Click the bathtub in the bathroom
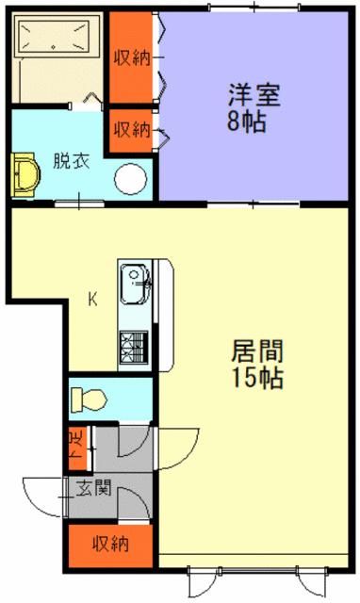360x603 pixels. coord(57,41)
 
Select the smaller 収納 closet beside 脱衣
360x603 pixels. coord(132,128)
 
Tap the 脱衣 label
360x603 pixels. coord(72,160)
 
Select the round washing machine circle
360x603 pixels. coord(131,177)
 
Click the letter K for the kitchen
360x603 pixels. coord(93,301)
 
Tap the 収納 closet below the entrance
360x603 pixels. coord(110,544)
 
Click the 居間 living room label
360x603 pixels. coord(257,351)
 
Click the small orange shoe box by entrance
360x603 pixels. coord(75,448)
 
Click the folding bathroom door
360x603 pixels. coord(90,98)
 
